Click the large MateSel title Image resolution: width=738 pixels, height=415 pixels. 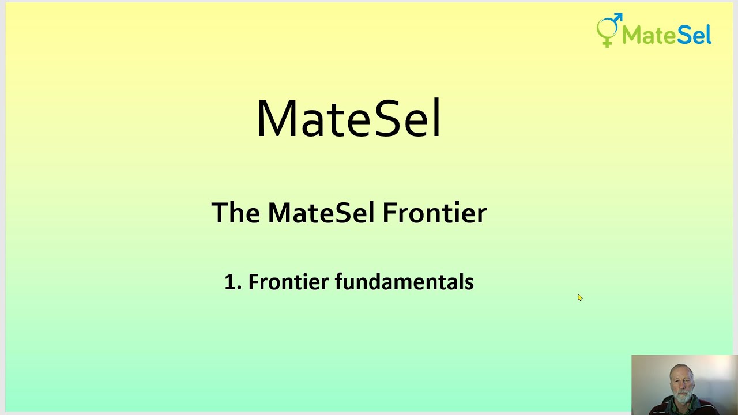(x=348, y=119)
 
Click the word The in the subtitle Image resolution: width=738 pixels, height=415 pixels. (x=236, y=213)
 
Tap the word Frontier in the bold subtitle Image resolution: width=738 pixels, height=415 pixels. (x=434, y=213)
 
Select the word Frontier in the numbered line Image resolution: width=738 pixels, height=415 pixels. (x=288, y=282)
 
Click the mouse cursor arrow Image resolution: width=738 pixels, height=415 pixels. (x=579, y=297)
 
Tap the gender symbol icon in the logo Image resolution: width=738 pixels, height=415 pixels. (x=609, y=29)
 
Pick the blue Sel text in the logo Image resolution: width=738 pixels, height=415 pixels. (x=694, y=35)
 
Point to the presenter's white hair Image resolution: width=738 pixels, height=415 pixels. (x=681, y=368)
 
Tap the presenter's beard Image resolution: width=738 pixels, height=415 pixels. (x=681, y=398)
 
